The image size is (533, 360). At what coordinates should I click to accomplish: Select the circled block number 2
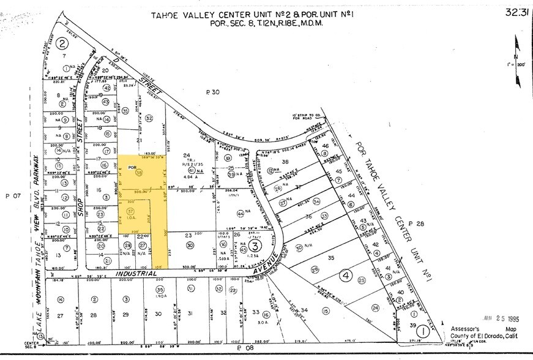[x=62, y=43]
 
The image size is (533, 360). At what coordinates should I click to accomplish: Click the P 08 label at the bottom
[x=244, y=348]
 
